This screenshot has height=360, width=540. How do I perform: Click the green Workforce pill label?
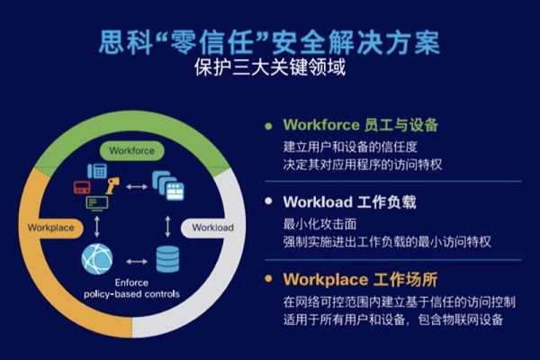[x=132, y=150]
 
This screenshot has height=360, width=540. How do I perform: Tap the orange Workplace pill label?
[x=51, y=228]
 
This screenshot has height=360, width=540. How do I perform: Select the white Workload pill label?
[x=211, y=228]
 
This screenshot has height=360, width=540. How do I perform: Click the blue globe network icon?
[x=97, y=258]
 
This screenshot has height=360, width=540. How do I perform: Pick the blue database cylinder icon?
[x=167, y=259]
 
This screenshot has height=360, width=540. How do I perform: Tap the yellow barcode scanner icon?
[x=112, y=186]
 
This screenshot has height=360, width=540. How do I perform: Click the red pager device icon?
[x=82, y=187]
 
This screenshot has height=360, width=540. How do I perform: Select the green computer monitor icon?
[x=97, y=203]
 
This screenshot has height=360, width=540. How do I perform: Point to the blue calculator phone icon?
[x=97, y=171]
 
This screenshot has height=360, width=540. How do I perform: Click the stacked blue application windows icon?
[x=168, y=185]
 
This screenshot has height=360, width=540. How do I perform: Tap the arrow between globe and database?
[x=137, y=262]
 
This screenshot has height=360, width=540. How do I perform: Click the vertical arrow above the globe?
[x=97, y=226]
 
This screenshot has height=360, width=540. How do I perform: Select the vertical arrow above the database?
[x=167, y=226]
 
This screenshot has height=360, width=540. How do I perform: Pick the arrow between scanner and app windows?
[x=137, y=186]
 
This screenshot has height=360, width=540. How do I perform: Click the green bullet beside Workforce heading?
[x=268, y=126]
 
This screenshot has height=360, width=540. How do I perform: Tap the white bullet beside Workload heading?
[x=268, y=201]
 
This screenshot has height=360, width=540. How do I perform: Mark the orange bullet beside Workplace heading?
[x=268, y=278]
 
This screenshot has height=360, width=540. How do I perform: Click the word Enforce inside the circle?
[x=131, y=283]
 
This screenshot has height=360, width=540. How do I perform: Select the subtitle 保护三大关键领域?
[x=270, y=67]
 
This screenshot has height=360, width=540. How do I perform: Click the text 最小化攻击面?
[x=319, y=224]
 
